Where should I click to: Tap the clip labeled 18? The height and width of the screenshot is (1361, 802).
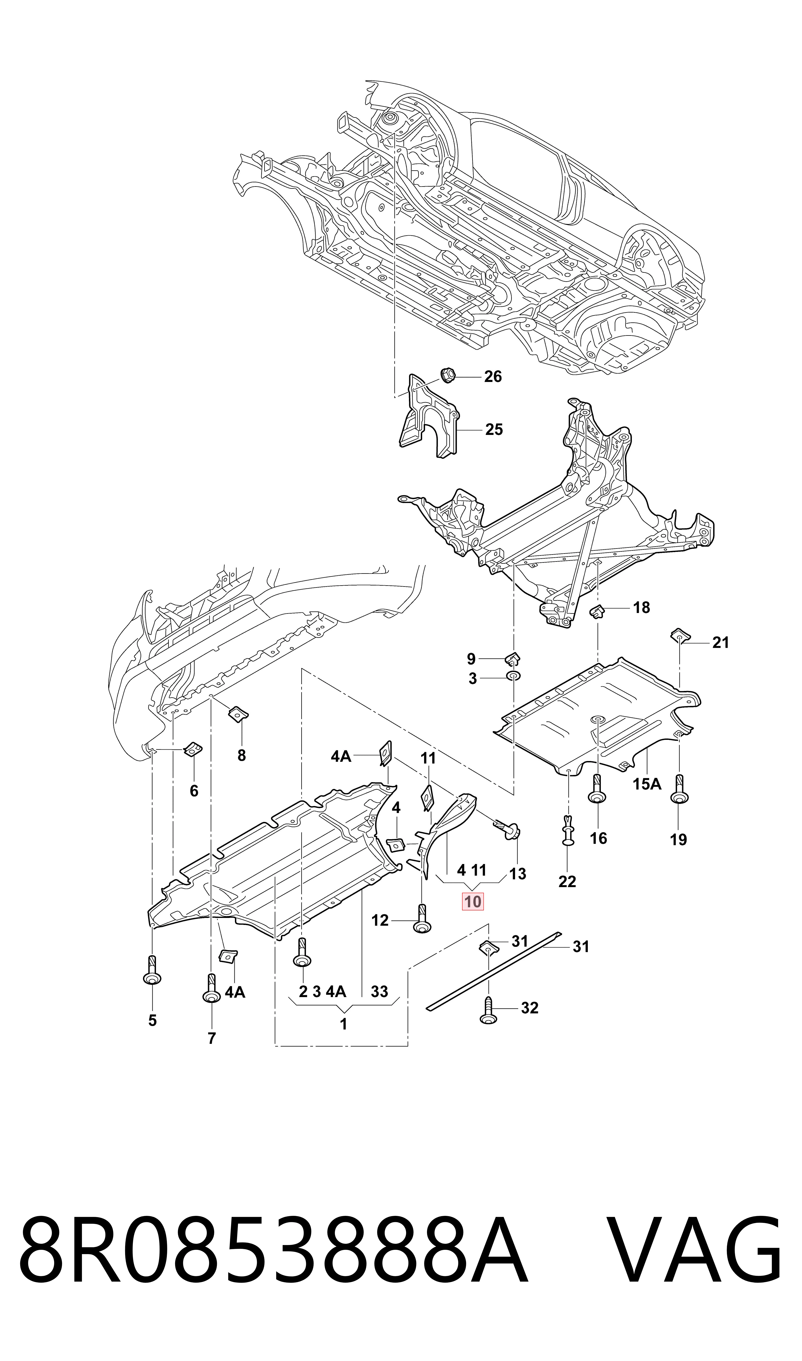click(x=597, y=612)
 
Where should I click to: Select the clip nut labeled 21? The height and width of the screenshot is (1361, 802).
click(x=679, y=636)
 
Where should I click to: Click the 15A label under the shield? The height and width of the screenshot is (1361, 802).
click(x=647, y=784)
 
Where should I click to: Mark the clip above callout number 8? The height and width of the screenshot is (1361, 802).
click(x=238, y=714)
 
